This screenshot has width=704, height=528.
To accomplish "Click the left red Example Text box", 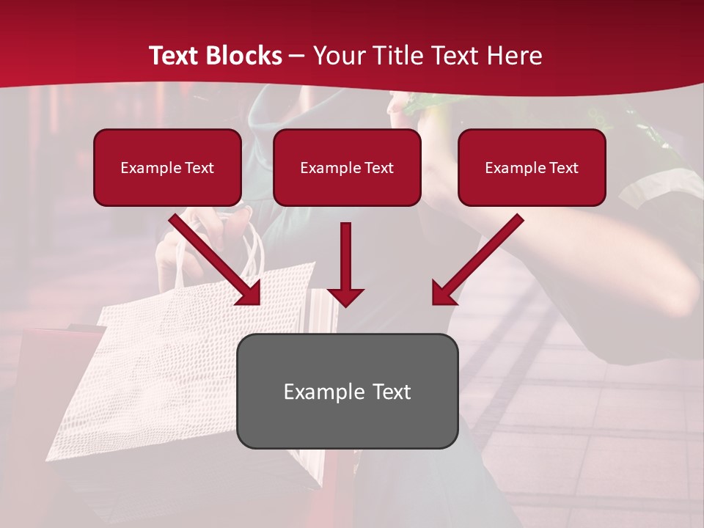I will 167,167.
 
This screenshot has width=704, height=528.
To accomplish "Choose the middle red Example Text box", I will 347,167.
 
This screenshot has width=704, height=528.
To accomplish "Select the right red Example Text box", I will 532,167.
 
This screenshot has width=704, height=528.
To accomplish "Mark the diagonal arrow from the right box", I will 477,259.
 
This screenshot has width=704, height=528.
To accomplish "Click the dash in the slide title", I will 297,56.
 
